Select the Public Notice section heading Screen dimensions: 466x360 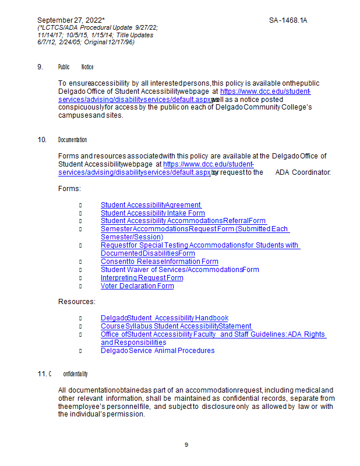76,67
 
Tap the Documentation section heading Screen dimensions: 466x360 73,140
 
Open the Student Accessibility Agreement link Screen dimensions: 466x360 151,204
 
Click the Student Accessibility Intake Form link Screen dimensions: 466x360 153,213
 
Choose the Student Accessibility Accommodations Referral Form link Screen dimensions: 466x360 183,221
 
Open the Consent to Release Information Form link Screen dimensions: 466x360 159,262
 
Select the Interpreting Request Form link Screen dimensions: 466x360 142,278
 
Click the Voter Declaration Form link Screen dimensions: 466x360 137,286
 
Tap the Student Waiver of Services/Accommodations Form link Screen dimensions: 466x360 179,270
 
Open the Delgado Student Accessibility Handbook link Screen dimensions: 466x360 164,318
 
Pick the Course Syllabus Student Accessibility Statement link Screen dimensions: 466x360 176,326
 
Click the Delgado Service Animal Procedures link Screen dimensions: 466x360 157,351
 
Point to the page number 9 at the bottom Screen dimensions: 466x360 186,445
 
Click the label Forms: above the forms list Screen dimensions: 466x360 69,189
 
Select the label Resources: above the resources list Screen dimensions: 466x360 76,302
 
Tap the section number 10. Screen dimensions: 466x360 41,140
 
